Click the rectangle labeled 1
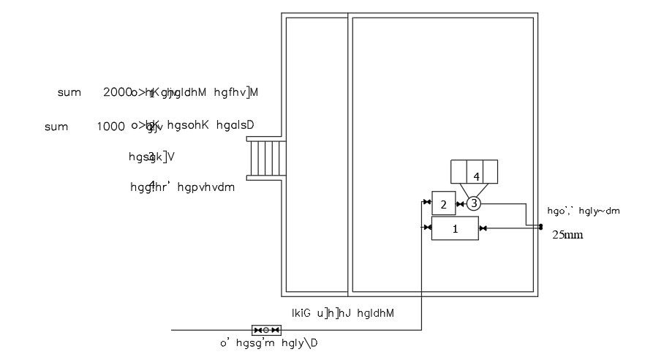pyautogui.click(x=455, y=228)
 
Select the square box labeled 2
pyautogui.click(x=443, y=203)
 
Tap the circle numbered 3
pyautogui.click(x=474, y=203)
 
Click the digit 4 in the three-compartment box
pyautogui.click(x=476, y=176)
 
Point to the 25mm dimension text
pyautogui.click(x=567, y=236)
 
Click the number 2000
pyautogui.click(x=117, y=92)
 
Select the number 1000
pyautogui.click(x=110, y=126)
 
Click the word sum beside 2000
pyautogui.click(x=69, y=92)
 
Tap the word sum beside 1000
pyautogui.click(x=56, y=127)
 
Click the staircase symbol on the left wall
pyautogui.click(x=266, y=158)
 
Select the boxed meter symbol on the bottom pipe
pyautogui.click(x=266, y=330)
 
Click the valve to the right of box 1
pyautogui.click(x=483, y=228)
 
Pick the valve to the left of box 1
pyautogui.click(x=426, y=228)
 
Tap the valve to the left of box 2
pyautogui.click(x=426, y=201)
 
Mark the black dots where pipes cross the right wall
pyautogui.click(x=540, y=227)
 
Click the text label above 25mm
pyautogui.click(x=584, y=211)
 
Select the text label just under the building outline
pyautogui.click(x=343, y=313)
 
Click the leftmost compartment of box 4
pyautogui.click(x=458, y=171)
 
